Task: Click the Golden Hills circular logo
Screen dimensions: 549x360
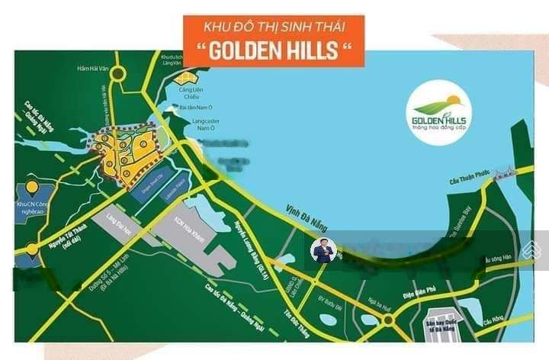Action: coord(440,114)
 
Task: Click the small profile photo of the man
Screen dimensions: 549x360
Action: coord(323,250)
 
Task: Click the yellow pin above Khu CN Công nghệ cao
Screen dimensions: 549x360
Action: coord(31,187)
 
